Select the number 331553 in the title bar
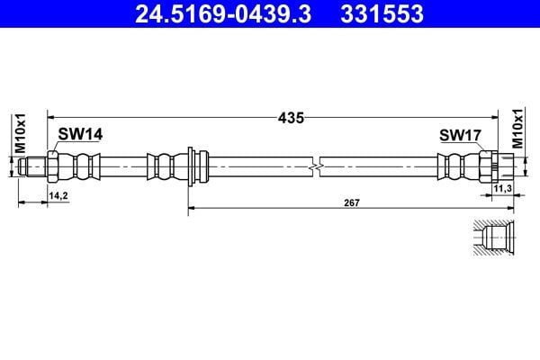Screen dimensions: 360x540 (x=380, y=13)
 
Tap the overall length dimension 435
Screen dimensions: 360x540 (x=290, y=117)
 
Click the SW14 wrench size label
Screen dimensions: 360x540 (x=81, y=134)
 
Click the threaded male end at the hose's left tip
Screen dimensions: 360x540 (x=32, y=166)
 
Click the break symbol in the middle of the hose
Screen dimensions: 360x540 (x=315, y=166)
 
